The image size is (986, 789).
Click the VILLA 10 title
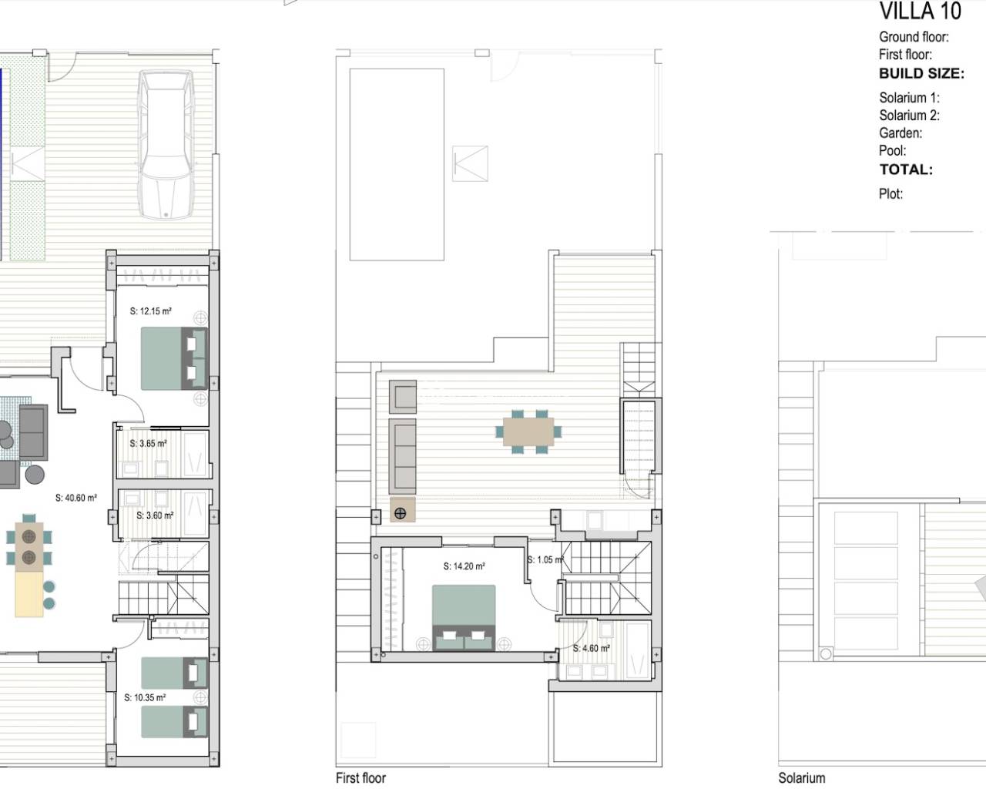click(920, 11)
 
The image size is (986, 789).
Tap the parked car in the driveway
click(166, 144)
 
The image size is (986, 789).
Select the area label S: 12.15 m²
click(151, 311)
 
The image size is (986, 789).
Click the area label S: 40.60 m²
click(76, 498)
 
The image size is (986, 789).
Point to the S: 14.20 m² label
click(464, 566)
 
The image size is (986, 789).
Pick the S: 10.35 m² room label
click(145, 698)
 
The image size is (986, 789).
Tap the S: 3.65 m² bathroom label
click(148, 443)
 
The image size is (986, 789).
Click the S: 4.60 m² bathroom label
click(592, 648)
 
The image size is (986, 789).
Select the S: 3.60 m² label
click(155, 515)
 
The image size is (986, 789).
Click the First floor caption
click(361, 778)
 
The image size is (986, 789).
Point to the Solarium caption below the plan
click(802, 778)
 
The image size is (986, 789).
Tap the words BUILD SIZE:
click(922, 73)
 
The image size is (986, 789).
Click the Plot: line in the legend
click(891, 194)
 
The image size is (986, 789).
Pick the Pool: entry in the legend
click(893, 150)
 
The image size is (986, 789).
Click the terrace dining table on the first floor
click(528, 431)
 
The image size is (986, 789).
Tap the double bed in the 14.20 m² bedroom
click(464, 617)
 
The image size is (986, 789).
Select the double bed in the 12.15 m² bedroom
click(174, 358)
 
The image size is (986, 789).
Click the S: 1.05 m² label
click(545, 559)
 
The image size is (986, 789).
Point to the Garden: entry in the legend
click(900, 133)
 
